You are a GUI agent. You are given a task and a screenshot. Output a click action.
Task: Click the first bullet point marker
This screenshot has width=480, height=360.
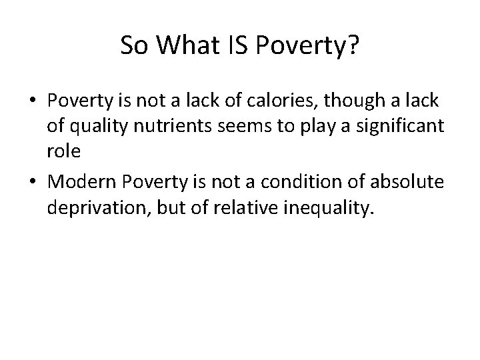(x=33, y=101)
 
